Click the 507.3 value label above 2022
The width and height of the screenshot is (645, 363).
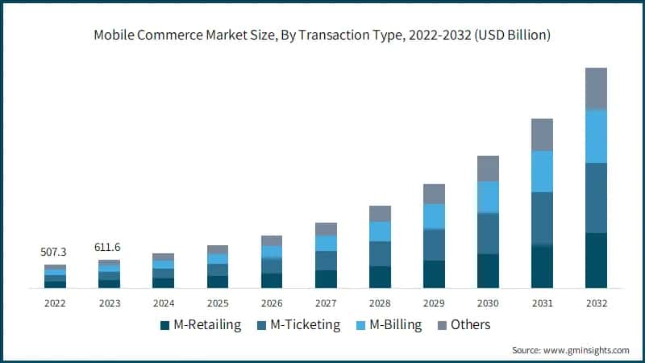tap(55, 252)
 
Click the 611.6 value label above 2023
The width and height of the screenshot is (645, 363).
tap(109, 248)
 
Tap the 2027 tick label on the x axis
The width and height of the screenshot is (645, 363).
tap(326, 303)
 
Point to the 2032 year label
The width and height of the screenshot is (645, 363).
tap(596, 303)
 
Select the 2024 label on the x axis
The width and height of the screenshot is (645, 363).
tap(163, 303)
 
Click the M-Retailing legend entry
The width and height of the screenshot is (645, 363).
tap(201, 325)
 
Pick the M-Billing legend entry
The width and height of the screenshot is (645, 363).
tap(393, 325)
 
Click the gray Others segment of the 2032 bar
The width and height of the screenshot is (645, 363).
tap(596, 89)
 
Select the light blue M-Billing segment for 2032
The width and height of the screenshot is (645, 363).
tap(596, 136)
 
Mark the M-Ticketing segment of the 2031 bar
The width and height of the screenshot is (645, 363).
tap(542, 219)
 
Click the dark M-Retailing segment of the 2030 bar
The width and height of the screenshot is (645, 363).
tap(488, 271)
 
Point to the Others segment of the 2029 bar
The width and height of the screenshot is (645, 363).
tap(434, 194)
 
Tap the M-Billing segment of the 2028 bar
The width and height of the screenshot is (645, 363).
tap(380, 232)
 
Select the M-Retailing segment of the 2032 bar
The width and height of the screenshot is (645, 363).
tap(596, 261)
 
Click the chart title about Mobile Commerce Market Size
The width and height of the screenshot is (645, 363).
tap(322, 35)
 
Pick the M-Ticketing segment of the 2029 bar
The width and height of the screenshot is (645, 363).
tap(434, 245)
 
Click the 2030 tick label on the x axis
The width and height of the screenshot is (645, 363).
tap(488, 303)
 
